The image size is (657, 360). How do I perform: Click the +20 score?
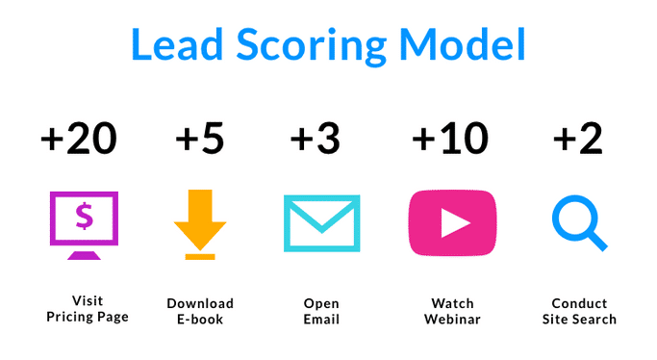pos(79,140)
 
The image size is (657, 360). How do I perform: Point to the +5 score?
pos(199,140)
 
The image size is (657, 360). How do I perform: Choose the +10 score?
pos(449,140)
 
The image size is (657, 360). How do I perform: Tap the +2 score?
pos(577,140)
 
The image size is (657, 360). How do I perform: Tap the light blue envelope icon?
pos(321,223)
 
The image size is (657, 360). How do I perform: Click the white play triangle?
pos(453,223)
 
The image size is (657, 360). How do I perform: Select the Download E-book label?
pos(200,310)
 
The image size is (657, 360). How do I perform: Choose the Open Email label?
pos(321,310)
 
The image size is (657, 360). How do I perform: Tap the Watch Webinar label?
pos(452,310)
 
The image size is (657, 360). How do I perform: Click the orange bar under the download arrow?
pos(200,256)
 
